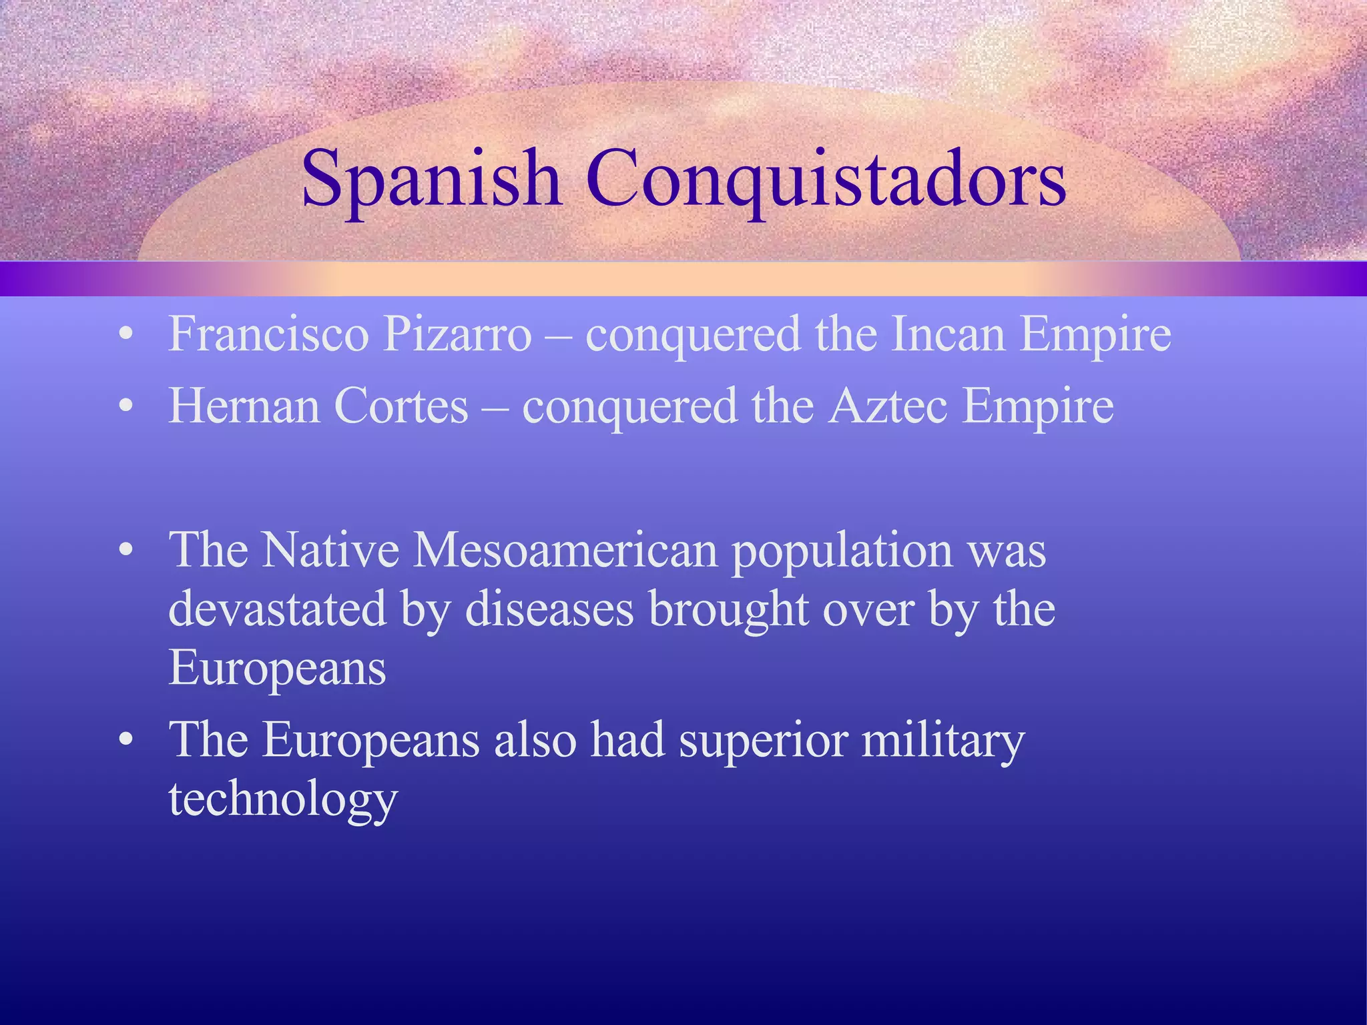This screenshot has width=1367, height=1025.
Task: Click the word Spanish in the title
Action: (431, 179)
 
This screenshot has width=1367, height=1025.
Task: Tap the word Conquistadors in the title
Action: (826, 179)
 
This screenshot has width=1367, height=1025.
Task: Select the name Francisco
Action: (268, 333)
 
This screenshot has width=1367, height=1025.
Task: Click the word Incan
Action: (948, 333)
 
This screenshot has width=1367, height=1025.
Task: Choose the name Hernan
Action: (244, 405)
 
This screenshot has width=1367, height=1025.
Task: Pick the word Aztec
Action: (888, 405)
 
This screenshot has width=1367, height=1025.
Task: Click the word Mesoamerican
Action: (565, 550)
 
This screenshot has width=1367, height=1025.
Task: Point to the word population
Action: (842, 551)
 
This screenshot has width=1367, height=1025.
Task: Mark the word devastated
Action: (277, 609)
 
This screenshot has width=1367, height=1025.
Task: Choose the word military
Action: (942, 741)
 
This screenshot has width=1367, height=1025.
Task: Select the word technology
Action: (283, 799)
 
